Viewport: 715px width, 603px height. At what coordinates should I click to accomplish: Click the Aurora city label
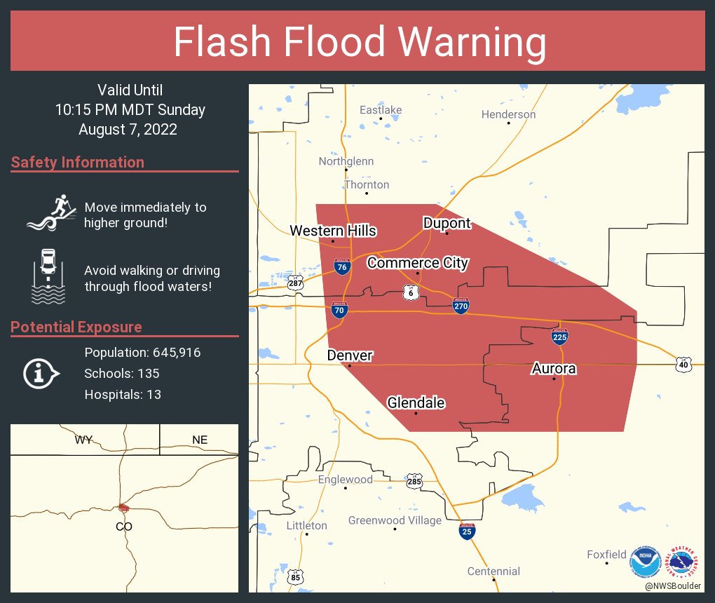click(x=554, y=369)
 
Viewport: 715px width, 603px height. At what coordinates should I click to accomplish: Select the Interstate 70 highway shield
click(x=339, y=310)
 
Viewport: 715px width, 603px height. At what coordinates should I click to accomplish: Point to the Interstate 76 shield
click(x=341, y=266)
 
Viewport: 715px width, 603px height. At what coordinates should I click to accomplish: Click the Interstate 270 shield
click(x=461, y=305)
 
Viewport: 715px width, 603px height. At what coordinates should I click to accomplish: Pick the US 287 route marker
click(x=295, y=282)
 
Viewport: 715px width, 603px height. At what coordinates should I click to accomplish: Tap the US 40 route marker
click(x=684, y=364)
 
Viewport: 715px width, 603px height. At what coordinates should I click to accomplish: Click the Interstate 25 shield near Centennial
click(x=467, y=531)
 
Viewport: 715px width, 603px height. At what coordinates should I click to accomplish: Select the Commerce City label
click(x=418, y=263)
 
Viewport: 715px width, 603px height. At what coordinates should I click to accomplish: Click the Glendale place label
click(x=416, y=402)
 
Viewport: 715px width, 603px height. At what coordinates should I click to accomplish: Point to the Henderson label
click(x=508, y=114)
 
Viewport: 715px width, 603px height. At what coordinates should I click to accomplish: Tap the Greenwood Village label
click(x=395, y=520)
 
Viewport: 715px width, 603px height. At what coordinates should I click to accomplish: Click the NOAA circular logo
click(x=645, y=562)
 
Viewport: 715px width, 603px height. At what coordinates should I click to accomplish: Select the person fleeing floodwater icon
click(x=50, y=213)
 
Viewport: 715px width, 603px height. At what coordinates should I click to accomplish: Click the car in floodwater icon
click(x=48, y=276)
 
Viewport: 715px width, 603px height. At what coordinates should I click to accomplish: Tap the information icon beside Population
click(x=41, y=373)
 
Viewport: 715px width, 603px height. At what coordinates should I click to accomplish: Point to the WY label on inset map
click(x=84, y=440)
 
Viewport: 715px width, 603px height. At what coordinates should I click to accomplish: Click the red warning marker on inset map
click(x=124, y=508)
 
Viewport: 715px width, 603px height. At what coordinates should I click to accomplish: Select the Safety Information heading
click(x=78, y=162)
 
